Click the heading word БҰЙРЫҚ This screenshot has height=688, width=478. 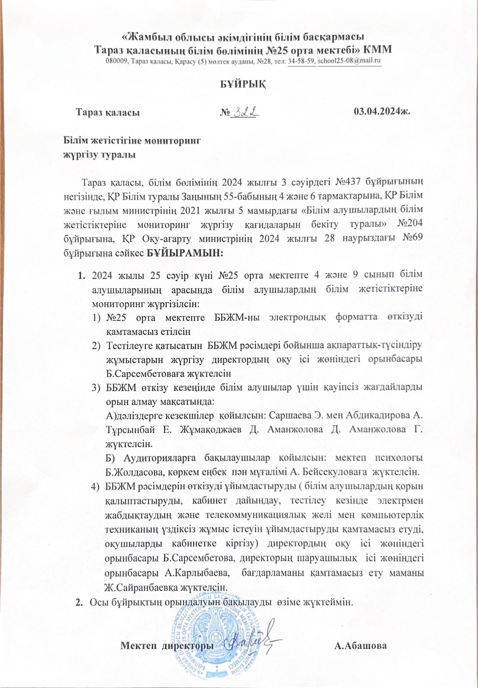click(x=239, y=83)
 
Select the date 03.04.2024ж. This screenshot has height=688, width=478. click(x=382, y=113)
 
